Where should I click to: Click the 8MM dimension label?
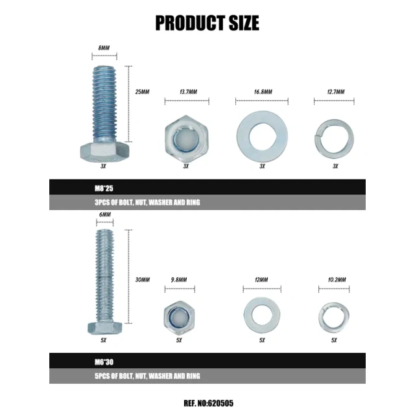pyautogui.click(x=104, y=48)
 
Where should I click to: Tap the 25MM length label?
pyautogui.click(x=142, y=92)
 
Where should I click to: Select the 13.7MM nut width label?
pyautogui.click(x=189, y=92)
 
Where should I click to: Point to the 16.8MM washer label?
pyautogui.click(x=263, y=92)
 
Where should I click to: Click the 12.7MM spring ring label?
pyautogui.click(x=336, y=92)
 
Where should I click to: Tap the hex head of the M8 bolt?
pyautogui.click(x=105, y=152)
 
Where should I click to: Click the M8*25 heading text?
pyautogui.click(x=104, y=188)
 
